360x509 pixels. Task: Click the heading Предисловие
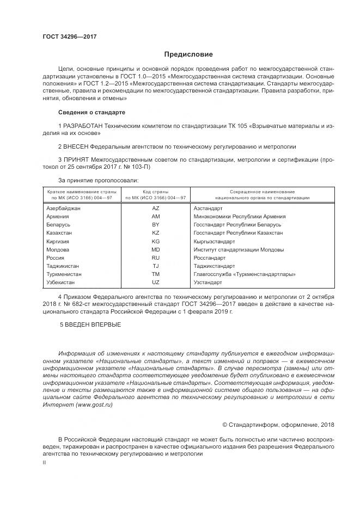click(x=188, y=54)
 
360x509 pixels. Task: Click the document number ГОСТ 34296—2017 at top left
click(x=70, y=36)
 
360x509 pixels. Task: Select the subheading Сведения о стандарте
click(x=91, y=112)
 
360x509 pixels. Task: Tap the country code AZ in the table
click(x=155, y=208)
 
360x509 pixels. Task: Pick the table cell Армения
click(x=58, y=216)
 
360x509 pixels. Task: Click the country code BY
click(x=155, y=224)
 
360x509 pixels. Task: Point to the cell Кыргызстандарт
click(x=214, y=241)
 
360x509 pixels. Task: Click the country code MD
click(x=155, y=249)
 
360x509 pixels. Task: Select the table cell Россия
click(x=56, y=258)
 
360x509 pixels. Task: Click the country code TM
click(x=155, y=274)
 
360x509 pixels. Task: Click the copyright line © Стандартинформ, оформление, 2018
click(x=278, y=425)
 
